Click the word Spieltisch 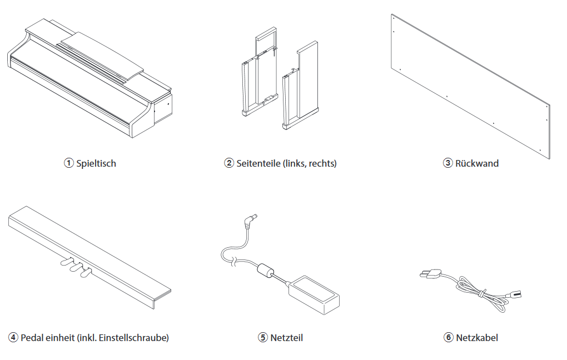(x=96, y=163)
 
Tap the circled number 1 (x=68, y=163)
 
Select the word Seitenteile (x=258, y=163)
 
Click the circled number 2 (x=229, y=163)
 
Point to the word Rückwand (x=477, y=163)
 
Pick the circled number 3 (x=448, y=163)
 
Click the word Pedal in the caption (x=32, y=337)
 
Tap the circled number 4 (x=13, y=337)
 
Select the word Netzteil (x=287, y=337)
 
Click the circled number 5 (x=263, y=337)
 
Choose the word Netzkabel (x=477, y=337)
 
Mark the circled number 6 (x=448, y=337)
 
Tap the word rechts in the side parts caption (x=323, y=163)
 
